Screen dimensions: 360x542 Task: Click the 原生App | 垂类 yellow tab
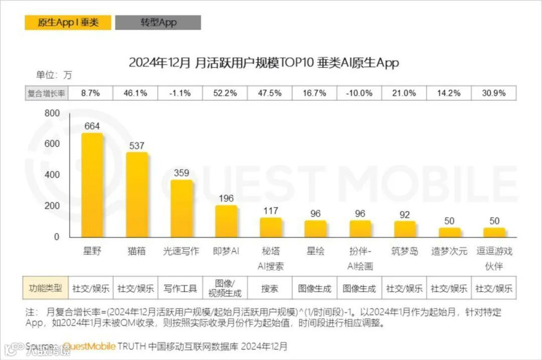pos(68,23)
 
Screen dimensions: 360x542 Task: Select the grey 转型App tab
pos(158,23)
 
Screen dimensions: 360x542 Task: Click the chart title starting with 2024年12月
pos(263,63)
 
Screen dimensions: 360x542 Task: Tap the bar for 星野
pos(92,186)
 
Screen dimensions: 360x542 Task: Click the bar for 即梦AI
pos(226,221)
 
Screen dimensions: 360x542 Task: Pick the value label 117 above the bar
pos(270,211)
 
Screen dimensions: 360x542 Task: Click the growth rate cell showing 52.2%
pos(225,93)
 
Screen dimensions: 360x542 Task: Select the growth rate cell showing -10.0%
pos(359,93)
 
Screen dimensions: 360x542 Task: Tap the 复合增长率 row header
pos(46,93)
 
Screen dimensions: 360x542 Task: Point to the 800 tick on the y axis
pos(52,113)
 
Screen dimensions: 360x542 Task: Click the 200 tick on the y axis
pos(52,206)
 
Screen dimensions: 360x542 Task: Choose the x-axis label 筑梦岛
pos(404,251)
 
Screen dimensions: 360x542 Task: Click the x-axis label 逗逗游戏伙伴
pos(494,258)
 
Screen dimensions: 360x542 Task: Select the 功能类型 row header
pos(46,288)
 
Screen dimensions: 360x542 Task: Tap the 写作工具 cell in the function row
pos(181,289)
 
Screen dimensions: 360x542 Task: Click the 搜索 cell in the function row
pos(270,289)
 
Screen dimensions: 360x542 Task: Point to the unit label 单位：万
pos(54,75)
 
